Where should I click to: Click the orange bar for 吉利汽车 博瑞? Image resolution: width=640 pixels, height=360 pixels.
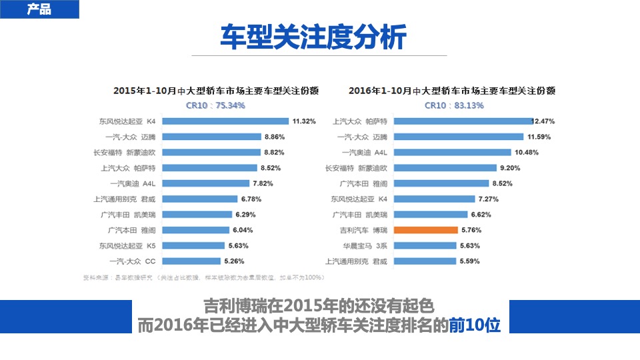(426, 230)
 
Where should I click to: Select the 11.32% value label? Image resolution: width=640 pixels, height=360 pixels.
(303, 121)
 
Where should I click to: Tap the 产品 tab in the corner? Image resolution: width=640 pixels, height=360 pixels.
(39, 9)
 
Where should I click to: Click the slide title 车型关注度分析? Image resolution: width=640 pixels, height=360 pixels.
(313, 37)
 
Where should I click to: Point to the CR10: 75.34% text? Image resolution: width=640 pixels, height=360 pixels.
(215, 105)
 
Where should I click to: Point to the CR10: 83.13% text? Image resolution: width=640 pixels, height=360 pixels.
(454, 105)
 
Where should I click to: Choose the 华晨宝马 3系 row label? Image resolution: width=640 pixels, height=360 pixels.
(363, 245)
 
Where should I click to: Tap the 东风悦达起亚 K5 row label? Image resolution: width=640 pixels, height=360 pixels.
(127, 245)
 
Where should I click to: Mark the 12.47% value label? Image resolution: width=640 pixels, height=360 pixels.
(543, 121)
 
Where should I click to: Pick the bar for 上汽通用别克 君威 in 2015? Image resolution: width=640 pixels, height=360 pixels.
(199, 199)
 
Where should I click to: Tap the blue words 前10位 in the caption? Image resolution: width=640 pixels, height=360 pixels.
(476, 325)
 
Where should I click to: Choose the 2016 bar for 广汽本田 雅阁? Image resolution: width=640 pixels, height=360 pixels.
(441, 183)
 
